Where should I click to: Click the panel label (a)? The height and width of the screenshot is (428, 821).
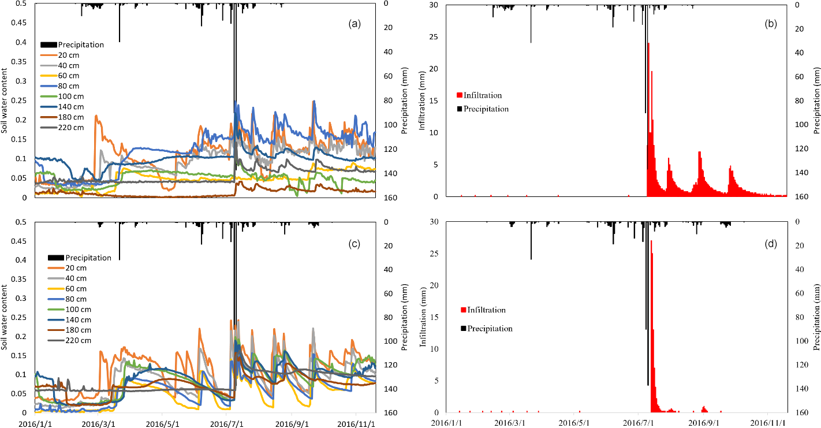(354, 24)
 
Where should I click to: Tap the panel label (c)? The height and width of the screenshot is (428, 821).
(354, 244)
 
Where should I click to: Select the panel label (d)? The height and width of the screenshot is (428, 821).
(770, 244)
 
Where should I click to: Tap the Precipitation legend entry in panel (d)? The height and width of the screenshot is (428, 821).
(490, 329)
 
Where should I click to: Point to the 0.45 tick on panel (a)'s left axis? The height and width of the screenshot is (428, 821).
(20, 23)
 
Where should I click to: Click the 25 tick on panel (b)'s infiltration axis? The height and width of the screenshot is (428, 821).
(425, 38)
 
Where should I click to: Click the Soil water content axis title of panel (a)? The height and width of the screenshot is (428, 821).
(5, 100)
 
